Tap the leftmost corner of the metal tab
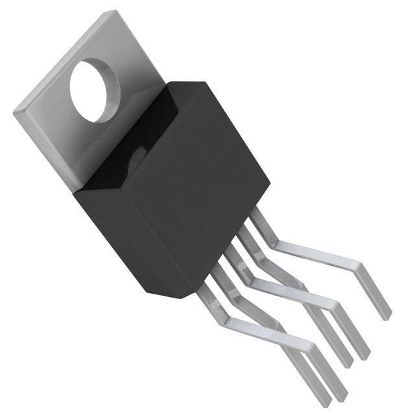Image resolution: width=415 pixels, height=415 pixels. tap(15, 112)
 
